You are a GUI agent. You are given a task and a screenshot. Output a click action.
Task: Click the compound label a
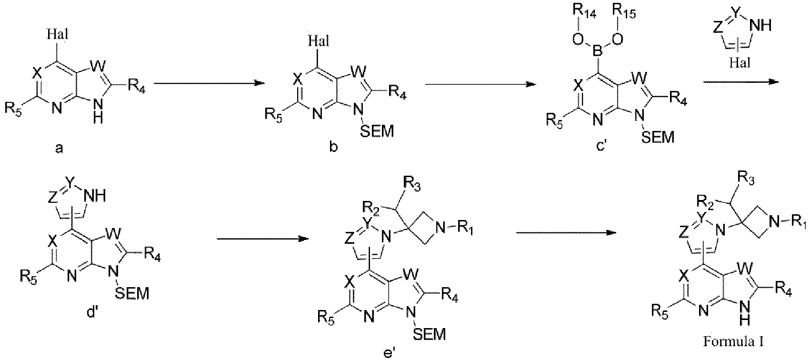[x=60, y=148]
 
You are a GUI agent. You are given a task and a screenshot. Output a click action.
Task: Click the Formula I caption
[x=733, y=341]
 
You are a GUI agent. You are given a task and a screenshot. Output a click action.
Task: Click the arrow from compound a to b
[x=209, y=83]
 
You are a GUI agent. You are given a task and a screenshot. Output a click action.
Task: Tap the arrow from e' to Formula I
[x=566, y=232]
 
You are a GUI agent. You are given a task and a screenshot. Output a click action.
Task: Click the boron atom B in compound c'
[x=598, y=54]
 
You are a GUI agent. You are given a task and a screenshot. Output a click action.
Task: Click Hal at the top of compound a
[x=58, y=35]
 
